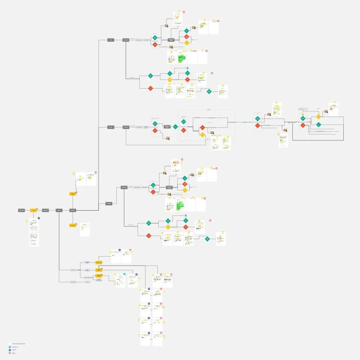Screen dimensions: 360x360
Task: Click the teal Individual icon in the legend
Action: [x=10, y=347]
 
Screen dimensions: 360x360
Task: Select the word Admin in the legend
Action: [x=14, y=350]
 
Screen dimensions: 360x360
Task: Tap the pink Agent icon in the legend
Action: [x=10, y=353]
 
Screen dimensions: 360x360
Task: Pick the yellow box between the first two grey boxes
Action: [x=34, y=210]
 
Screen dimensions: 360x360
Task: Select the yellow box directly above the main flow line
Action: [x=73, y=194]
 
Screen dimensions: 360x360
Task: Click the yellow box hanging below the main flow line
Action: [x=73, y=225]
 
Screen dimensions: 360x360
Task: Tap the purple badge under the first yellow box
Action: [x=39, y=218]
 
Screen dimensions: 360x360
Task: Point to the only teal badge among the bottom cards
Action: [x=124, y=274]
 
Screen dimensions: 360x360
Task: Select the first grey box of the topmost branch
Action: [x=111, y=40]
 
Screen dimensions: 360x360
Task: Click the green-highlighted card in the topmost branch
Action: [x=182, y=58]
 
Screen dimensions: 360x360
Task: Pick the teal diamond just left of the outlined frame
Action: [x=175, y=127]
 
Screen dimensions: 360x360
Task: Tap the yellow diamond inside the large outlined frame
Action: [x=203, y=135]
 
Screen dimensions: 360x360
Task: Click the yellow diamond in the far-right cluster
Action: [x=319, y=117]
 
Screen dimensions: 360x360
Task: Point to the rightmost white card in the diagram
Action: [x=334, y=109]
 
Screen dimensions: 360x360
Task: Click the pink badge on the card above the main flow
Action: [x=95, y=173]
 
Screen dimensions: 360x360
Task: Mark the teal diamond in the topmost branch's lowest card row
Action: [x=209, y=91]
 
